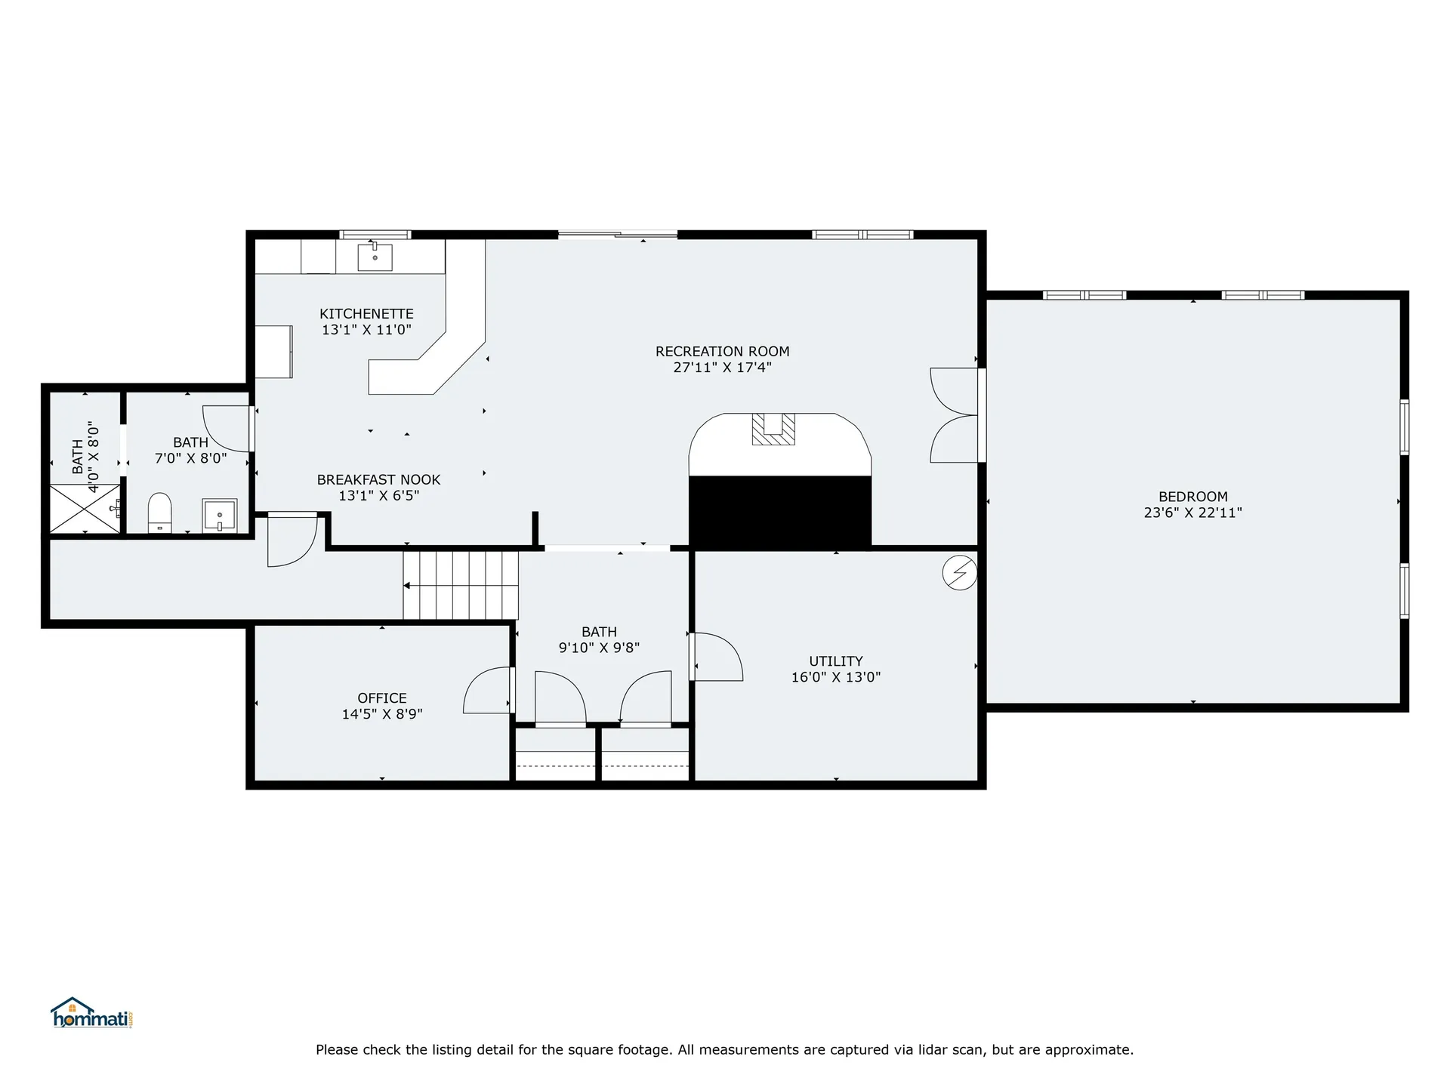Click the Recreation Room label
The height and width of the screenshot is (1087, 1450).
(x=722, y=351)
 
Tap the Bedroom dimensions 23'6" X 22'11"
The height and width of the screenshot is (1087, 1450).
(x=1192, y=513)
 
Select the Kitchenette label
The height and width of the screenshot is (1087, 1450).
(x=366, y=313)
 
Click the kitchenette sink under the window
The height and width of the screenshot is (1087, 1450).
(x=375, y=257)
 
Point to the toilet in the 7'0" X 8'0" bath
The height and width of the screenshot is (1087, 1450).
(x=159, y=513)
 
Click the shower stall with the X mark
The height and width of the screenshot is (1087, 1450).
(x=85, y=509)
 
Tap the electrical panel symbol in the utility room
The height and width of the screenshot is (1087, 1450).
(x=959, y=574)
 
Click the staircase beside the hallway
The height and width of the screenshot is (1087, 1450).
(x=461, y=585)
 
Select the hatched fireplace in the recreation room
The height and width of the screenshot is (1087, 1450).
(x=773, y=429)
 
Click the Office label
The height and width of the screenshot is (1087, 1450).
(x=382, y=698)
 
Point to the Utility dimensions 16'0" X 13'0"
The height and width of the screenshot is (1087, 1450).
(x=835, y=677)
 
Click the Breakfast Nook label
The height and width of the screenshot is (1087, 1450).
(x=378, y=479)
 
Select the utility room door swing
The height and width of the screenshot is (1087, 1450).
(x=718, y=657)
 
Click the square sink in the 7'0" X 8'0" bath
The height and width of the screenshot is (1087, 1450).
(x=220, y=516)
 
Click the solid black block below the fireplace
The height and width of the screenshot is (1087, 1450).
(x=779, y=511)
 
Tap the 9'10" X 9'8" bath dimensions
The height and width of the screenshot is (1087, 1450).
(x=599, y=648)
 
